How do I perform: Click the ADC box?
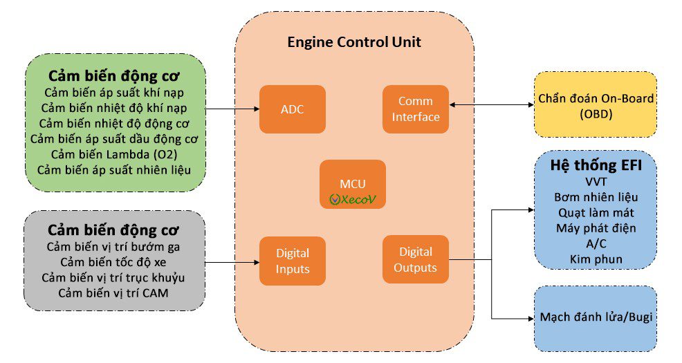(x=292, y=109)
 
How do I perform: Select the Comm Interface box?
(x=416, y=109)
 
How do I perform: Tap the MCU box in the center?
(x=352, y=184)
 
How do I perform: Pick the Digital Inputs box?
(x=292, y=261)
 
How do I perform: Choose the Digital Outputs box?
(x=416, y=259)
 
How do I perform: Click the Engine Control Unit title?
(x=354, y=42)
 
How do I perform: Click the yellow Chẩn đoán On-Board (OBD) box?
(x=596, y=104)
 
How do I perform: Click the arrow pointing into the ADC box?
(x=232, y=109)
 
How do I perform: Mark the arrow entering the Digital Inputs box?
(x=232, y=262)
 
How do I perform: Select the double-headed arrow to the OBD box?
(x=491, y=105)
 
